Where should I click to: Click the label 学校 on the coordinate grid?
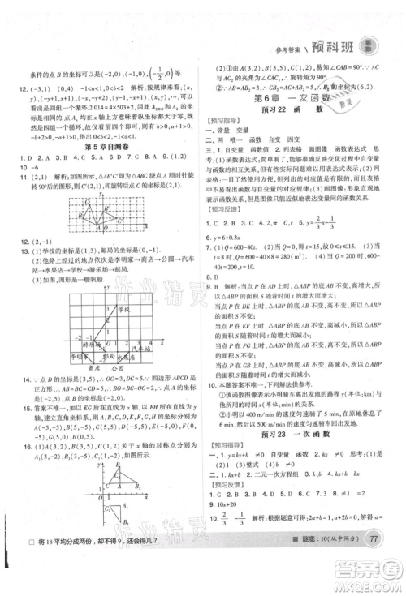(123, 309)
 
